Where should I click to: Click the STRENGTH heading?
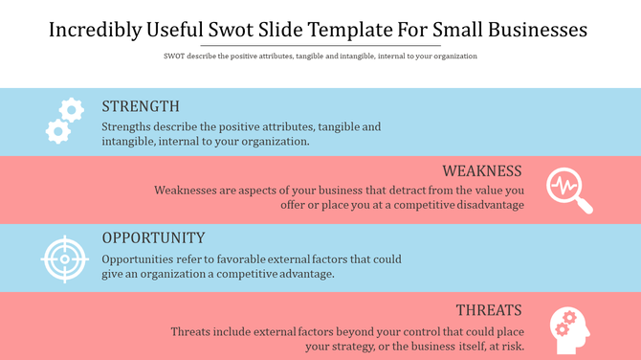tap(140, 106)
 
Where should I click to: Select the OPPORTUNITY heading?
tap(153, 237)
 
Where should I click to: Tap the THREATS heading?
tap(488, 310)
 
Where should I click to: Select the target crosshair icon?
tap(64, 258)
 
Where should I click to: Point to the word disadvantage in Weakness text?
tap(483, 205)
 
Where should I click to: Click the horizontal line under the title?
tap(320, 45)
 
